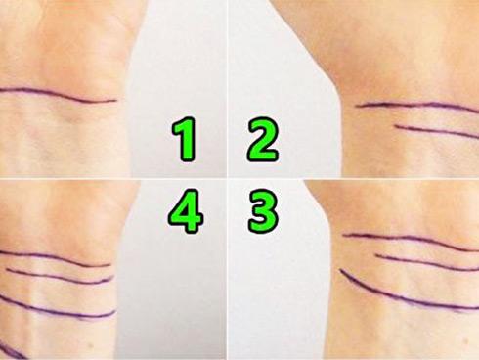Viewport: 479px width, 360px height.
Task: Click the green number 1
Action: click(x=185, y=140)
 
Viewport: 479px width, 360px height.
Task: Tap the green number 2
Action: click(x=263, y=139)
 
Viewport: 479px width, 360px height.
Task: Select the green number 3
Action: click(x=263, y=211)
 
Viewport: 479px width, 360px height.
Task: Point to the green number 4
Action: click(x=186, y=211)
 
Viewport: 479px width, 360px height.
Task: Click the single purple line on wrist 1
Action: click(x=59, y=96)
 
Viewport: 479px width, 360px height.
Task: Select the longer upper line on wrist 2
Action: click(x=417, y=105)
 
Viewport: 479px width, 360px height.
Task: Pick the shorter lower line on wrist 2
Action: click(x=437, y=130)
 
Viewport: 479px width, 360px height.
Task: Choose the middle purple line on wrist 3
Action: click(x=427, y=263)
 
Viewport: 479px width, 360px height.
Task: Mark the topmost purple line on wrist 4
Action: click(x=56, y=258)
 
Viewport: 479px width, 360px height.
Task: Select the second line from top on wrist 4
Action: click(x=61, y=277)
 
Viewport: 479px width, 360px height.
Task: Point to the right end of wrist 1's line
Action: click(x=116, y=101)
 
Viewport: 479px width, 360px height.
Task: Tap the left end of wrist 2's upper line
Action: click(x=356, y=106)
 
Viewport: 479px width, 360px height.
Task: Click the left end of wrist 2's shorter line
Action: click(x=395, y=125)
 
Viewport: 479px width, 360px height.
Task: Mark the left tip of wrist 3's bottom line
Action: click(x=339, y=269)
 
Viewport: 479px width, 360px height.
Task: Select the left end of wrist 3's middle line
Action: click(x=376, y=255)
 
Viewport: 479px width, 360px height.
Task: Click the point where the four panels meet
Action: click(x=227, y=179)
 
